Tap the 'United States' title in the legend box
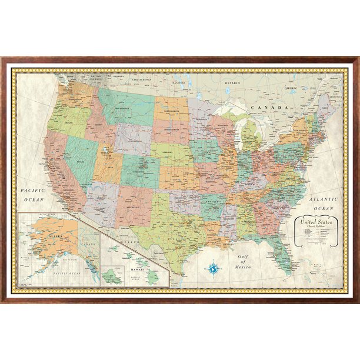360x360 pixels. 316,222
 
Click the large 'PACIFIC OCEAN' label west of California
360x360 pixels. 32,195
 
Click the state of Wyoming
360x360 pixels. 134,139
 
